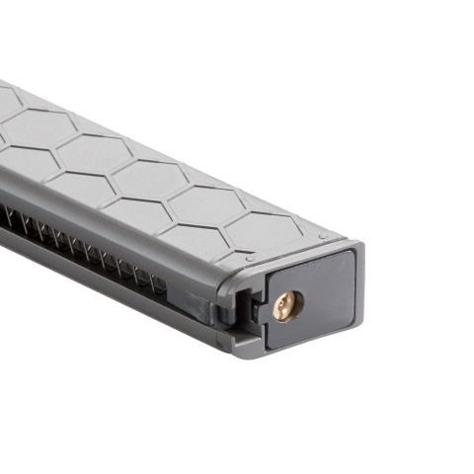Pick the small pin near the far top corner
(x=340, y=236)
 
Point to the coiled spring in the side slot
(x=79, y=247)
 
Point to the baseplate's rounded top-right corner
(x=350, y=251)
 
